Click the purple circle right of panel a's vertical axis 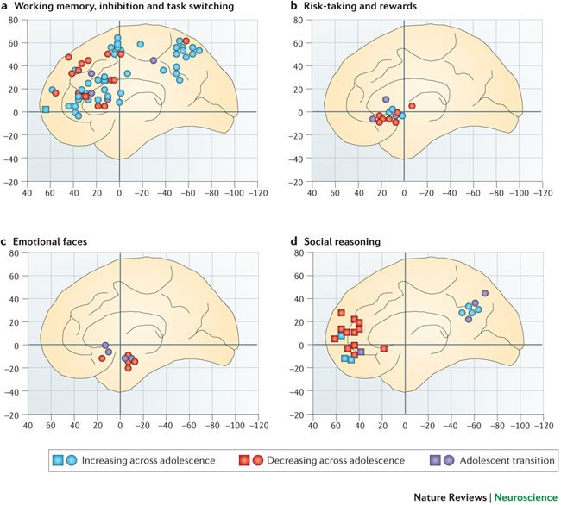pos(154,60)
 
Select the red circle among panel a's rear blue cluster pos(186,41)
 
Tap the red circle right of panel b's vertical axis pos(412,106)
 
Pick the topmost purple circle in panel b pos(387,100)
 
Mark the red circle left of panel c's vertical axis pos(102,358)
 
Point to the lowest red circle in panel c pos(129,368)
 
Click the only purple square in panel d pos(360,352)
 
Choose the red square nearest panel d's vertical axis pos(383,348)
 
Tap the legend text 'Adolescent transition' pos(502,460)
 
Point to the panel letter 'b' pos(293,6)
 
